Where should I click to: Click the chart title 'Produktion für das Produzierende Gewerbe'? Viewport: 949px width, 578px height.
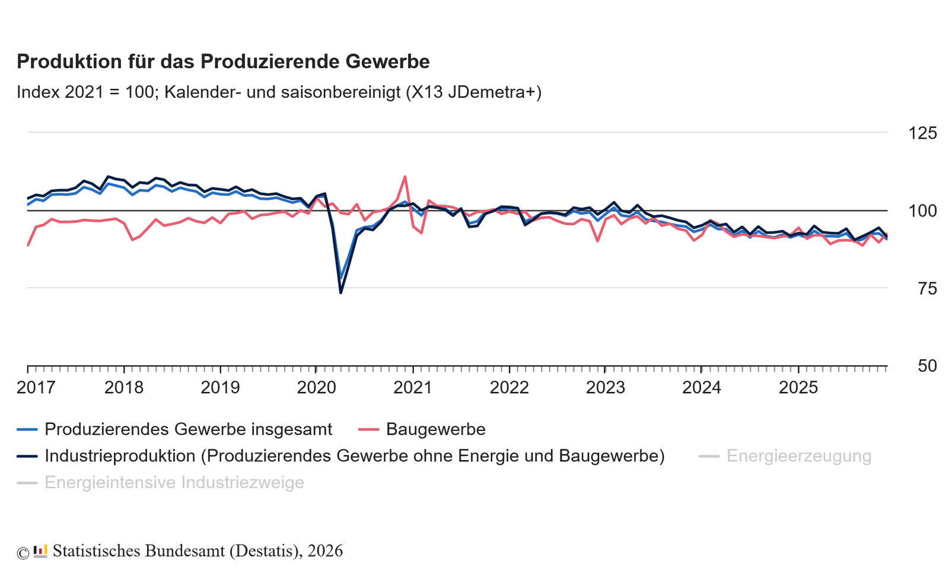point(223,62)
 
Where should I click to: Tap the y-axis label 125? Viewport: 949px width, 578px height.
point(922,133)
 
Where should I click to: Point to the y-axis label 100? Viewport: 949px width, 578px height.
point(922,211)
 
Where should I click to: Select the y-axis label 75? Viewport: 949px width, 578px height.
point(927,289)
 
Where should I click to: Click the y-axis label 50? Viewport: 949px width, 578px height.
point(927,366)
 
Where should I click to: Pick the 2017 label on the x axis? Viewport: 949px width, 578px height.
point(36,388)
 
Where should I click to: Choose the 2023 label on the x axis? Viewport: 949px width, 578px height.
point(605,388)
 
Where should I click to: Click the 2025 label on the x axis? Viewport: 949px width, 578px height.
point(798,388)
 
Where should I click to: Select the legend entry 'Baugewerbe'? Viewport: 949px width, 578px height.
point(435,429)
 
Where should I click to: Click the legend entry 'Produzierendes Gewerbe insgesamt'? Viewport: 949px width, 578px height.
point(188,429)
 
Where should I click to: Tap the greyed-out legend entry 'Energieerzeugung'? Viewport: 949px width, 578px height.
point(798,456)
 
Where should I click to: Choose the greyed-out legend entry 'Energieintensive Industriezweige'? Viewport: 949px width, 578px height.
point(174,483)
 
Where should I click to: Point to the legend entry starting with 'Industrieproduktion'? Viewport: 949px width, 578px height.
point(354,456)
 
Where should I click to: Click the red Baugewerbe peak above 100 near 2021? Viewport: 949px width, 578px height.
point(405,177)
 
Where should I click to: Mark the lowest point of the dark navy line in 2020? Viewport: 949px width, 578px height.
point(340,292)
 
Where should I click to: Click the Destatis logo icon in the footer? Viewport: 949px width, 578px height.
point(40,551)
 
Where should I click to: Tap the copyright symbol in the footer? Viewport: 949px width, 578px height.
point(23,553)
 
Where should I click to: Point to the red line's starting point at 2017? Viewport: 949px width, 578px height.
point(28,245)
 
